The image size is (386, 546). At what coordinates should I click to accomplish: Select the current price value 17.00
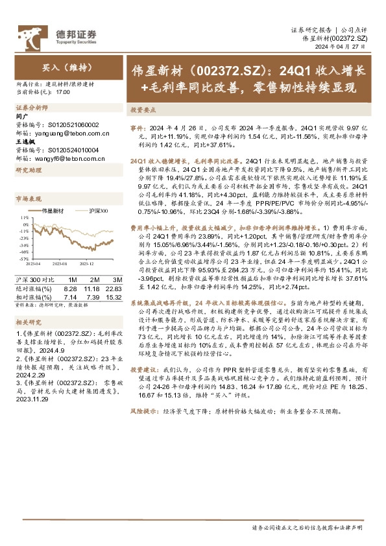64,93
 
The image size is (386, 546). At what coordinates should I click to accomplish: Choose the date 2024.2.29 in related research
26,374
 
